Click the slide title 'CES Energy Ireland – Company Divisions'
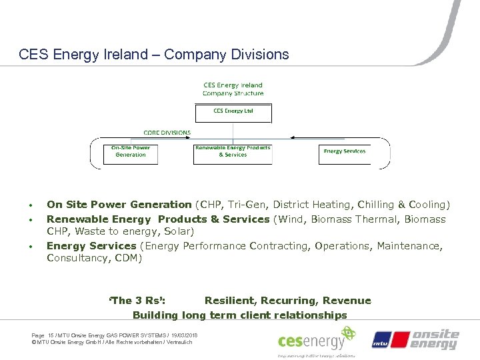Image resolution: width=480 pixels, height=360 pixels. point(154,55)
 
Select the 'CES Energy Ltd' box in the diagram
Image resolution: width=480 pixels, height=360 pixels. point(233,112)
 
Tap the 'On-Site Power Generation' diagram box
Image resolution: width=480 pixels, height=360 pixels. point(131,153)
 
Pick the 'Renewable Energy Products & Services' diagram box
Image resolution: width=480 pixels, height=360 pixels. point(233,153)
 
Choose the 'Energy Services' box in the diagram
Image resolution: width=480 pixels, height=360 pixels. point(345,152)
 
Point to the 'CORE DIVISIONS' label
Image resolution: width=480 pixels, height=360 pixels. point(167,133)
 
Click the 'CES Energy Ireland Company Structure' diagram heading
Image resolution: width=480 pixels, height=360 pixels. point(233,89)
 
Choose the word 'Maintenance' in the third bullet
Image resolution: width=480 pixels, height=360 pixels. point(407,246)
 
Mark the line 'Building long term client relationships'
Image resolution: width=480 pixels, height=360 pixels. point(240,315)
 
